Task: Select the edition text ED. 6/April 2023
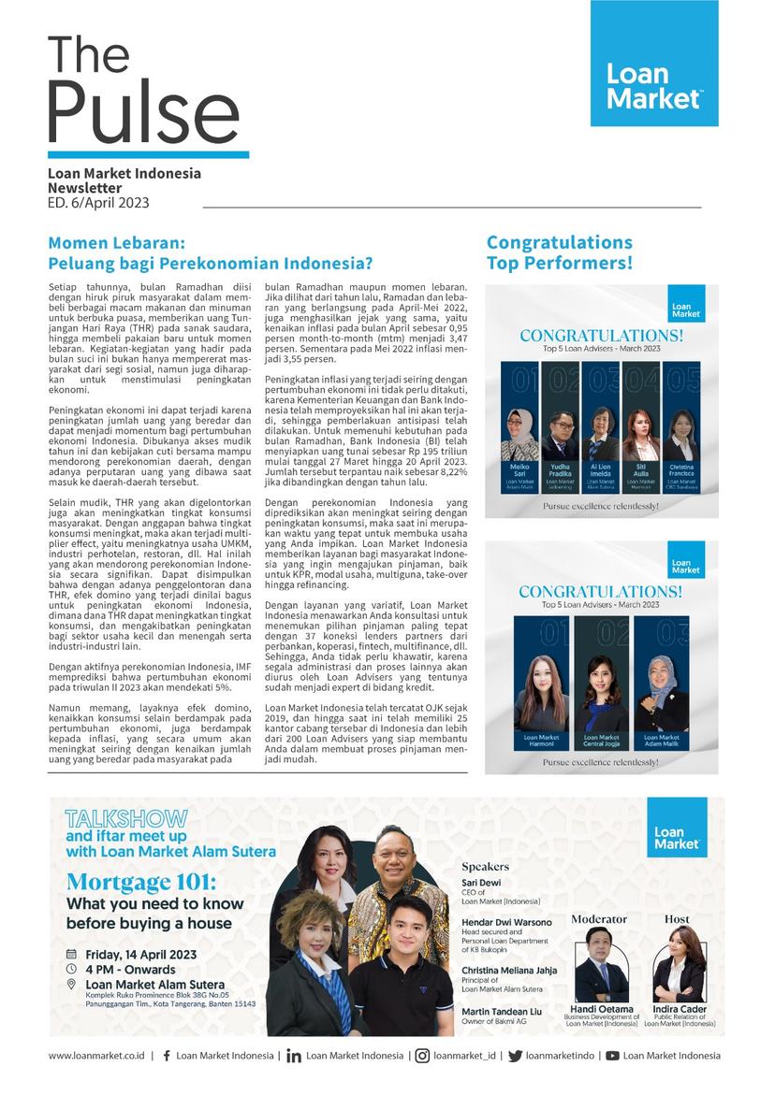point(98,203)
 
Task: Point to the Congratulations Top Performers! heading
point(560,253)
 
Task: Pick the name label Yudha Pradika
point(561,468)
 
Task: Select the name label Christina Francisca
point(680,468)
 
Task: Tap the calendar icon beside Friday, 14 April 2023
point(71,955)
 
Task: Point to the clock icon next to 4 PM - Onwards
point(71,970)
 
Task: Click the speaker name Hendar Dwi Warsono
point(506,922)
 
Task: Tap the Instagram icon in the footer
point(423,1056)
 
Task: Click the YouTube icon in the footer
point(612,1056)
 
